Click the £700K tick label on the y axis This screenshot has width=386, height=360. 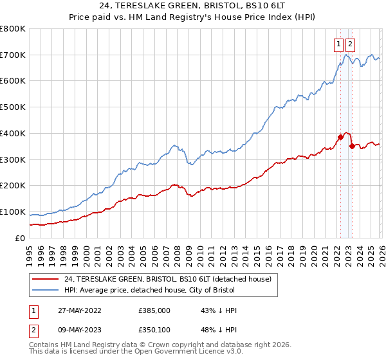(x=13, y=55)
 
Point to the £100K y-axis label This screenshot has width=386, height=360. (x=13, y=212)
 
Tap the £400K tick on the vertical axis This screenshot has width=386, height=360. (x=13, y=134)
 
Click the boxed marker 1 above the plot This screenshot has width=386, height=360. (x=339, y=44)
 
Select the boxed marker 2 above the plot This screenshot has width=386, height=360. (x=351, y=44)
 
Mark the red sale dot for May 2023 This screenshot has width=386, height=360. (x=351, y=146)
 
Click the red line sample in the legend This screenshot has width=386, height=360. (x=45, y=279)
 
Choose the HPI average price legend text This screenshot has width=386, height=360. (x=151, y=290)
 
